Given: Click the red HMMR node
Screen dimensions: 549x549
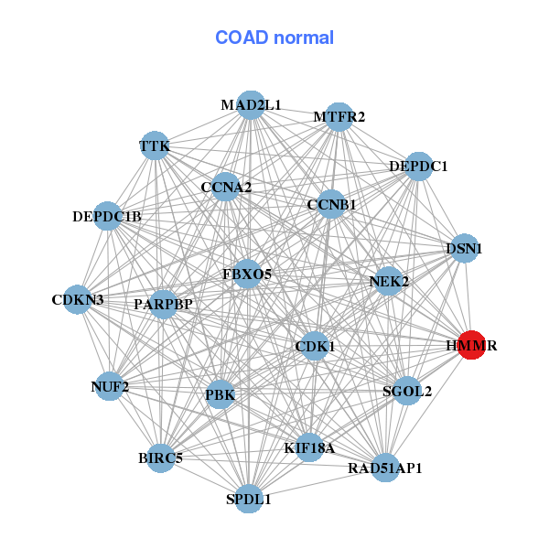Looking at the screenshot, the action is tap(470, 346).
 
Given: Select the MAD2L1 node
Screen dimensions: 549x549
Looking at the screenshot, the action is tap(251, 105).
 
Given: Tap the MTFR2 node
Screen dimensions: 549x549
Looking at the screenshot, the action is tap(339, 116).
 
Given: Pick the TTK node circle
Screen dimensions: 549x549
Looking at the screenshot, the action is tap(155, 146).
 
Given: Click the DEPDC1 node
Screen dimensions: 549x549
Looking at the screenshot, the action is tap(418, 167).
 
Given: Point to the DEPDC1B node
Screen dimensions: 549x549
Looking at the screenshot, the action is tap(108, 217).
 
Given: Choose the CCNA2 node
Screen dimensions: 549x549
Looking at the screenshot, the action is tap(226, 188).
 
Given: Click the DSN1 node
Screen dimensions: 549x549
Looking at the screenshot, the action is tap(464, 248).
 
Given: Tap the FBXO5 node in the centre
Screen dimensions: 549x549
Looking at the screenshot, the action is tap(247, 274).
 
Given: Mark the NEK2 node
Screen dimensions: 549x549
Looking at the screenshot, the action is tap(388, 282).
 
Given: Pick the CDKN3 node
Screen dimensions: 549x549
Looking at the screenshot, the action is tap(78, 299).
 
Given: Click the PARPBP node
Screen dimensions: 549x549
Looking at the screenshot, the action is tap(163, 304).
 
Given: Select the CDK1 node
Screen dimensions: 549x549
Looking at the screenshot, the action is tap(315, 346).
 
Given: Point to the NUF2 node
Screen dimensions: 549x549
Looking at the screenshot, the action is tap(110, 387).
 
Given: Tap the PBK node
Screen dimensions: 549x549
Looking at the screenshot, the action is tap(221, 395).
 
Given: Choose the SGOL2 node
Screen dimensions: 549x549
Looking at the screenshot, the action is tap(407, 391).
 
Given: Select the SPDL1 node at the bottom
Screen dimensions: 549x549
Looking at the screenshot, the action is tap(249, 499).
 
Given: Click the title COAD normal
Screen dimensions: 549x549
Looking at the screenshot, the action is tap(274, 38).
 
